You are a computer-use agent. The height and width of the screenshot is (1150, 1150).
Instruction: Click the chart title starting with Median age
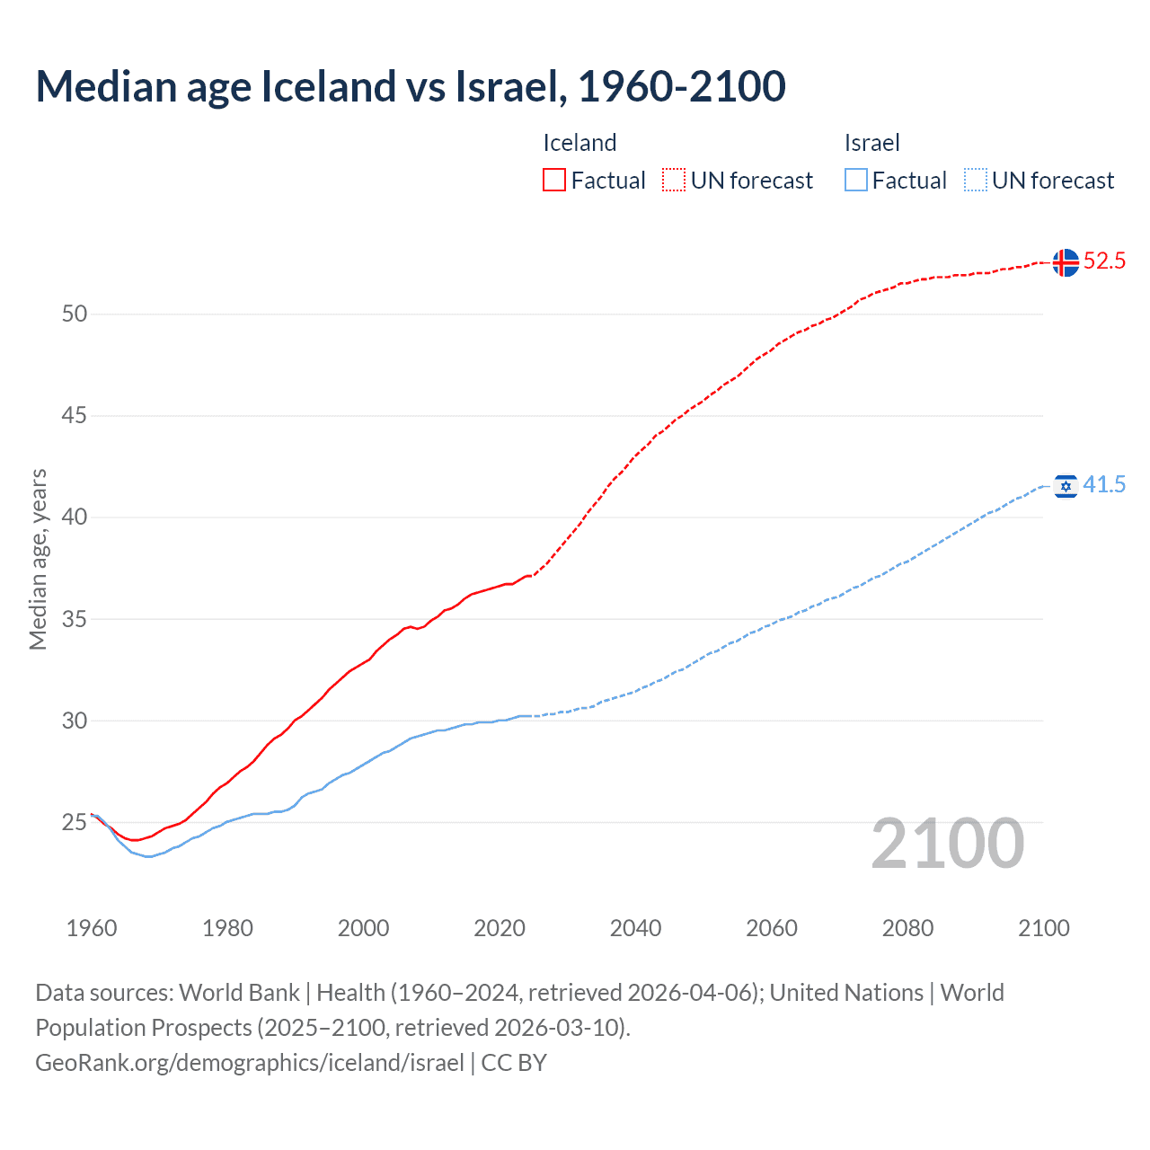tap(411, 86)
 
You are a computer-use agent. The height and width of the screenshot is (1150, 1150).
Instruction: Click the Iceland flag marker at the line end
tap(1066, 262)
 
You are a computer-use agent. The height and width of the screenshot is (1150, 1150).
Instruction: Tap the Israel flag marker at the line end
tap(1066, 486)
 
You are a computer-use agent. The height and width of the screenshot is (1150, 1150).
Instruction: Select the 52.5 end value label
tap(1104, 261)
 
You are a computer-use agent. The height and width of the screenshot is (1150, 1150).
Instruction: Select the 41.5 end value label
tap(1104, 485)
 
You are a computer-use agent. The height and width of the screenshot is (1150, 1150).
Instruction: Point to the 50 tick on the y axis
tap(75, 314)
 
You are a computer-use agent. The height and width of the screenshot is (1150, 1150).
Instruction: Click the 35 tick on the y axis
tap(75, 619)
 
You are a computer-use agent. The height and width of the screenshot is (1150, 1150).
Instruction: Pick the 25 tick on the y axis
tap(75, 822)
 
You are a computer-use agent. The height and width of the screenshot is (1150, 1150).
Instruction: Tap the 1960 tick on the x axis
tap(92, 928)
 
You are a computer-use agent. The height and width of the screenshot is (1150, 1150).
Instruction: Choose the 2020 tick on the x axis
tap(500, 928)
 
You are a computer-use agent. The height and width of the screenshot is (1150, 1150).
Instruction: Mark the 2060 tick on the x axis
tap(772, 928)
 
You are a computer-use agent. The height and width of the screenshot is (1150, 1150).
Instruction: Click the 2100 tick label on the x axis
tap(1044, 928)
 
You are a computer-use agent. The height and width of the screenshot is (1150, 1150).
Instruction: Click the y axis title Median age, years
tap(38, 559)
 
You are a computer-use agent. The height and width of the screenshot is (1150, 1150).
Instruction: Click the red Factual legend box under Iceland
tap(554, 180)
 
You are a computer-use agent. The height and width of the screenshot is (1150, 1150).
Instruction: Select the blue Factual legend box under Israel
tap(856, 180)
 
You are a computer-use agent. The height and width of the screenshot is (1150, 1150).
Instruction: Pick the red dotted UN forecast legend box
tap(674, 180)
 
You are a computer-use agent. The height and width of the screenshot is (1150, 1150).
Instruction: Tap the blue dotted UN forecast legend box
tap(976, 180)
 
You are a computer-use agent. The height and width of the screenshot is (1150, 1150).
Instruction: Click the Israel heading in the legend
tap(871, 143)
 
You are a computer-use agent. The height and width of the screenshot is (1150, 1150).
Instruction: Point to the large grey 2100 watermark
tap(948, 844)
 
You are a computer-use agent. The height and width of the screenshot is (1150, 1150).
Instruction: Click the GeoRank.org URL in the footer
tap(250, 1063)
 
